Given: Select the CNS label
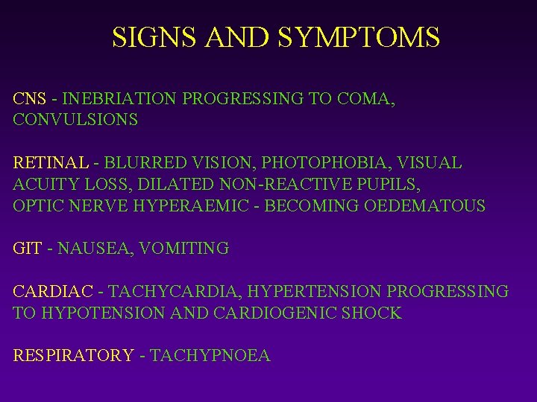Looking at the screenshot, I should click(x=29, y=98).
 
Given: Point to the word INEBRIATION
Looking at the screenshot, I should click(x=119, y=98).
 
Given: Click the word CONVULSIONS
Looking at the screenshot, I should click(x=75, y=119).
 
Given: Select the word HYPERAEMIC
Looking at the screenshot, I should click(x=190, y=205).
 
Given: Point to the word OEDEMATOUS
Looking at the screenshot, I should click(x=424, y=205).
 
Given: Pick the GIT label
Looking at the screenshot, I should click(x=28, y=249).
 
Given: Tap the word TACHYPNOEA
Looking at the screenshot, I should click(x=210, y=357).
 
